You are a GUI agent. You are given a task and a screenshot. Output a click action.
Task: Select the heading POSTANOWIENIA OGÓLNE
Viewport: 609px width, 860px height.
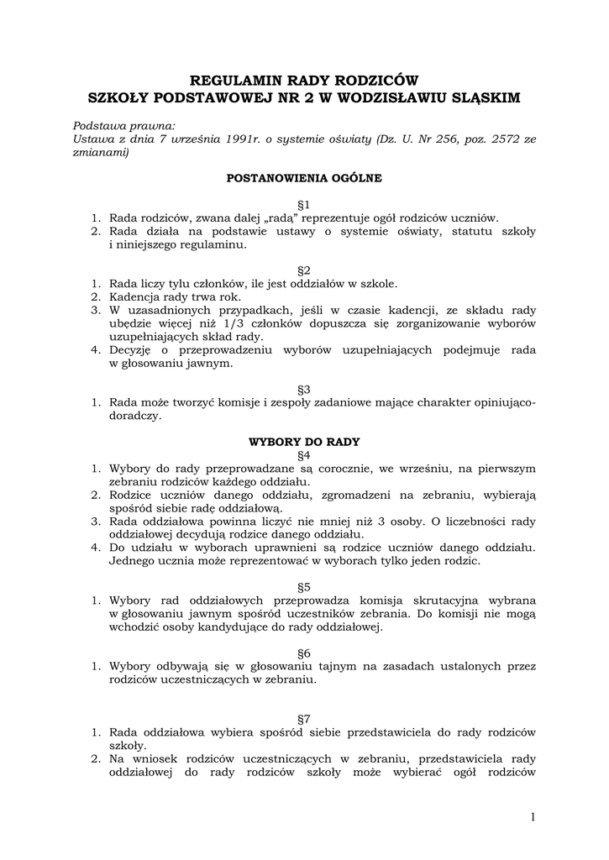pos(304,178)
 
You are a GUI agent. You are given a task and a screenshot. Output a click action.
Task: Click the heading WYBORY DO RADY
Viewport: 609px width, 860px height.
pos(304,440)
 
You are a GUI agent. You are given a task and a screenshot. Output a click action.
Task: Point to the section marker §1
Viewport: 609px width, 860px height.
pos(304,204)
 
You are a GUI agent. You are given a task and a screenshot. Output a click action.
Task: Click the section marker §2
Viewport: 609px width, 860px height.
pos(304,270)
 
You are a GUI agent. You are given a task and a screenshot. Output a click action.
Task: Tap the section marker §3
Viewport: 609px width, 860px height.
pos(304,389)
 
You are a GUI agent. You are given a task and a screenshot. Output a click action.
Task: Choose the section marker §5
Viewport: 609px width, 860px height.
pos(304,586)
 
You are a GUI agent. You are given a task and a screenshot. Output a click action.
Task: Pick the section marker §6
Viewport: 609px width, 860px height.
pos(304,653)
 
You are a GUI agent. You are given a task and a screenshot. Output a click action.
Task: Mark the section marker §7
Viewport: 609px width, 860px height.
pos(304,719)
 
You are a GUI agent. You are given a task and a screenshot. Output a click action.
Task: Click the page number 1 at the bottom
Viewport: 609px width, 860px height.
pos(533,816)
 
